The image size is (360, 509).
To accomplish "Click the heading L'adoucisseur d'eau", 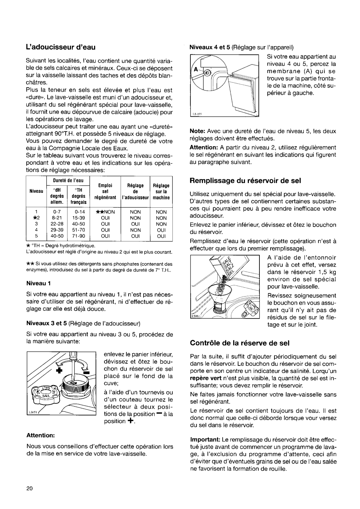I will tap(61, 47).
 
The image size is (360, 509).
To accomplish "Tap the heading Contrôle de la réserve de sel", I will tap(239, 343).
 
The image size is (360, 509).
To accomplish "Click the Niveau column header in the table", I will tap(36, 192).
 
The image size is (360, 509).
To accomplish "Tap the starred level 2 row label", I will tap(36, 218).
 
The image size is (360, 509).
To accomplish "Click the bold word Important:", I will tap(205, 440).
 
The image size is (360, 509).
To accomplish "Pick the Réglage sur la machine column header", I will tap(161, 192).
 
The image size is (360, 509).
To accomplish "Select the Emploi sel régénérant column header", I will tap(105, 192).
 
